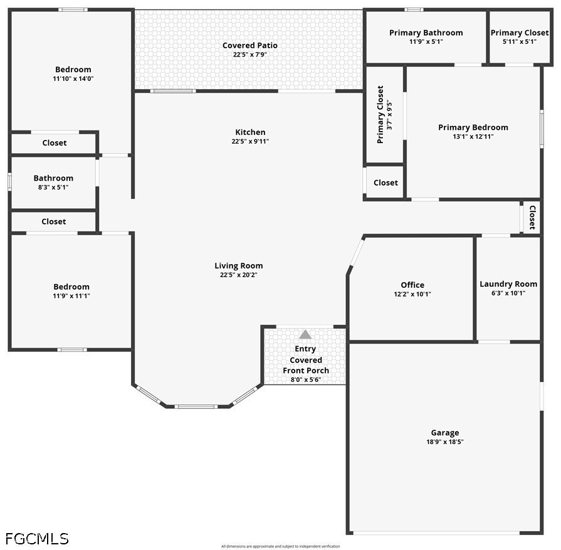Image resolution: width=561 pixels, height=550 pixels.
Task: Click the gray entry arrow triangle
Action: [x=305, y=334]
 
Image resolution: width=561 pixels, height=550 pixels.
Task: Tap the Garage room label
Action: [x=444, y=433]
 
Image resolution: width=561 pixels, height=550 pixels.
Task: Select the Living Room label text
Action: [x=239, y=266]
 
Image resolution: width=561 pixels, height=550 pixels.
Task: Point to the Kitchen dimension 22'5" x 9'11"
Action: [x=250, y=141]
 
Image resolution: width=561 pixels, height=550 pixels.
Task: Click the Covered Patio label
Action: [x=250, y=46]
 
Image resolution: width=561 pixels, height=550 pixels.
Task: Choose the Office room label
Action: [x=412, y=285]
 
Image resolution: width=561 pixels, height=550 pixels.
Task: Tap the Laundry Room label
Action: [x=508, y=284]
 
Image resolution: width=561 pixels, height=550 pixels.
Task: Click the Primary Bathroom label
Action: [x=426, y=33]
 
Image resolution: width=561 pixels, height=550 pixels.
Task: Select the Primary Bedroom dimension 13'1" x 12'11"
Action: [x=473, y=137]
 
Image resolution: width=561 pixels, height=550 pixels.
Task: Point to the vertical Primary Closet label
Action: [x=380, y=115]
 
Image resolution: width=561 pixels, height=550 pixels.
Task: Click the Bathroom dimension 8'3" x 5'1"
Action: [x=53, y=187]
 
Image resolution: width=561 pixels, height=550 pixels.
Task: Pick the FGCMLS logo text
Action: [x=37, y=539]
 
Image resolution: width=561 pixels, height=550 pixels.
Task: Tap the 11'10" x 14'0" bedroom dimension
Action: [x=73, y=79]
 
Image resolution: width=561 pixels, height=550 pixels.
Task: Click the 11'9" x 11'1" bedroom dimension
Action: [x=71, y=296]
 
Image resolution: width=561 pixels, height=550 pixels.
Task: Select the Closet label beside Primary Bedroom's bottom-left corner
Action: [x=385, y=182]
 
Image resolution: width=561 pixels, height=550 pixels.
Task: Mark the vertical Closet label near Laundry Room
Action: [x=532, y=218]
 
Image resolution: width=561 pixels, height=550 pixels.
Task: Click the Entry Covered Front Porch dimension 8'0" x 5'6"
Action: [x=305, y=379]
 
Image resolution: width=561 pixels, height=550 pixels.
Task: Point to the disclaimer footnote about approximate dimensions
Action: [x=281, y=546]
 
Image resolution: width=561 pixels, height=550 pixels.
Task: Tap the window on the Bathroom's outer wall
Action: [x=9, y=182]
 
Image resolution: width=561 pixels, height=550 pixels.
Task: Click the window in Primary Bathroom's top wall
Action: [x=414, y=9]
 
